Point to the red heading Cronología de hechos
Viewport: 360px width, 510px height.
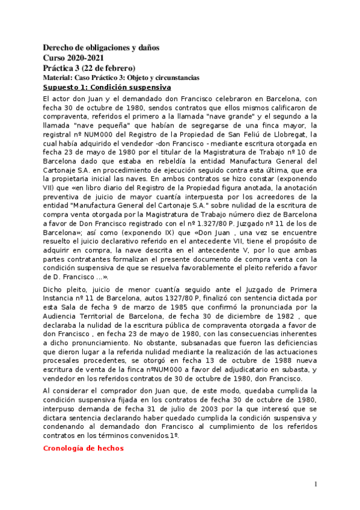(84, 448)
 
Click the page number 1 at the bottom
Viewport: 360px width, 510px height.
(316, 485)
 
